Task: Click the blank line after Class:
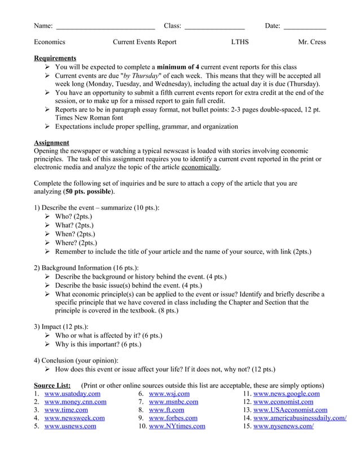[214, 27]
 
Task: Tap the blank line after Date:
[304, 27]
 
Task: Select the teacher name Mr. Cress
[311, 42]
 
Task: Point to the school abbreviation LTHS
[240, 42]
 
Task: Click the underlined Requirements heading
[55, 58]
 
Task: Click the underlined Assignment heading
[51, 143]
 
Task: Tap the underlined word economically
[200, 168]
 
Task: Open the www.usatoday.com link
[72, 394]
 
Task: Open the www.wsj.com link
[169, 394]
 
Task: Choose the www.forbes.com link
[173, 418]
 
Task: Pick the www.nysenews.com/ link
[283, 427]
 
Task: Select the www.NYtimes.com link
[177, 427]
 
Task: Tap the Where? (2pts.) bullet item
[76, 243]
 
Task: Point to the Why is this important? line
[98, 344]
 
